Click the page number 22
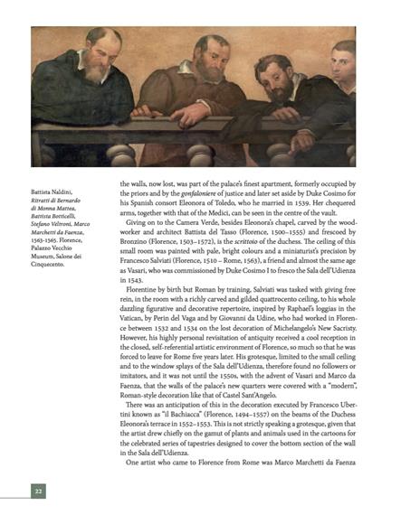pyautogui.click(x=38, y=491)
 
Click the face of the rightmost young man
pyautogui.click(x=342, y=61)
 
